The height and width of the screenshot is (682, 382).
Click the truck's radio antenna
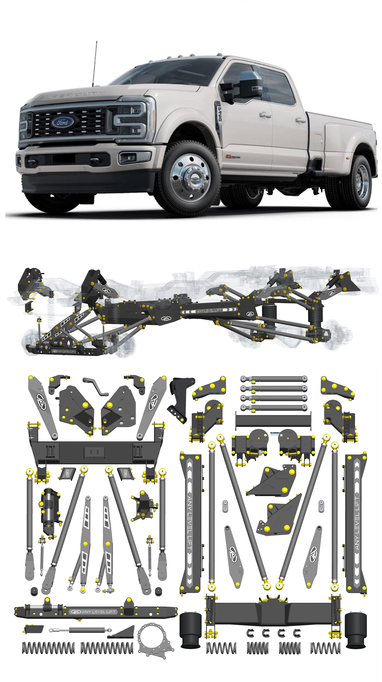[x=95, y=64]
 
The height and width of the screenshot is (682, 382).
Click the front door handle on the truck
[x=265, y=115]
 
